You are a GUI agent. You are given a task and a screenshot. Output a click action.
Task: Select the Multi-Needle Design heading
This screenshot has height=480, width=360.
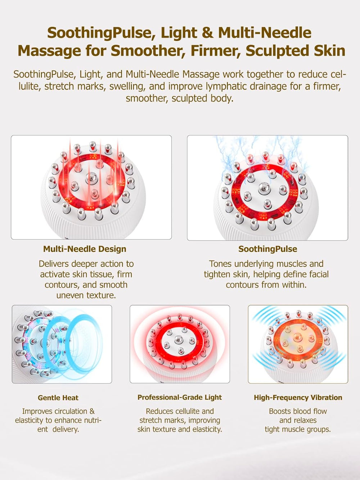coord(85,249)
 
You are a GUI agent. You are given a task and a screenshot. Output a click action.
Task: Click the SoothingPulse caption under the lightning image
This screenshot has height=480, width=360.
coord(267,249)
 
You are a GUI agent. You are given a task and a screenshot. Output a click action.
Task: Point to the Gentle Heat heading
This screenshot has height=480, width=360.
coord(58,398)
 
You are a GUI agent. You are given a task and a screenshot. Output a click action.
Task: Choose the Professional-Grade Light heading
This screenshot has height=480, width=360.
coord(180,397)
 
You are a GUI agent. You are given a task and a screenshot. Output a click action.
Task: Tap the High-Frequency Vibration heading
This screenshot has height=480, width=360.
coord(298,397)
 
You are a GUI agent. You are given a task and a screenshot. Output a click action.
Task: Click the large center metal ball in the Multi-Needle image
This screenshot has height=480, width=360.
coord(91,178)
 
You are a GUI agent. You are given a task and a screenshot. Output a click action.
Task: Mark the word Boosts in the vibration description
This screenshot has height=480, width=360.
coord(279,411)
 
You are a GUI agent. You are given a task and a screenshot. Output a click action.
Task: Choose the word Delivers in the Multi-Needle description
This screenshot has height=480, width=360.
coord(54,264)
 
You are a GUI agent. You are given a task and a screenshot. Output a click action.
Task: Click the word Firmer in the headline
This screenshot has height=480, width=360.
coord(214,51)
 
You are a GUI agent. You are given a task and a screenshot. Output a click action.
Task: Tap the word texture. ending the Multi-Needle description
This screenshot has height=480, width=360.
coord(102,295)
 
